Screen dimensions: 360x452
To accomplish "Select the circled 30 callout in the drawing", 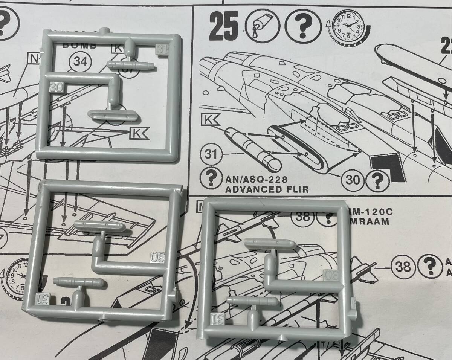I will [353, 180].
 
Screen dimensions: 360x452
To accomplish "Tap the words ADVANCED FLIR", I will [266, 189].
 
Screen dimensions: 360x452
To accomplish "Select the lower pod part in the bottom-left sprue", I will [79, 282].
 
